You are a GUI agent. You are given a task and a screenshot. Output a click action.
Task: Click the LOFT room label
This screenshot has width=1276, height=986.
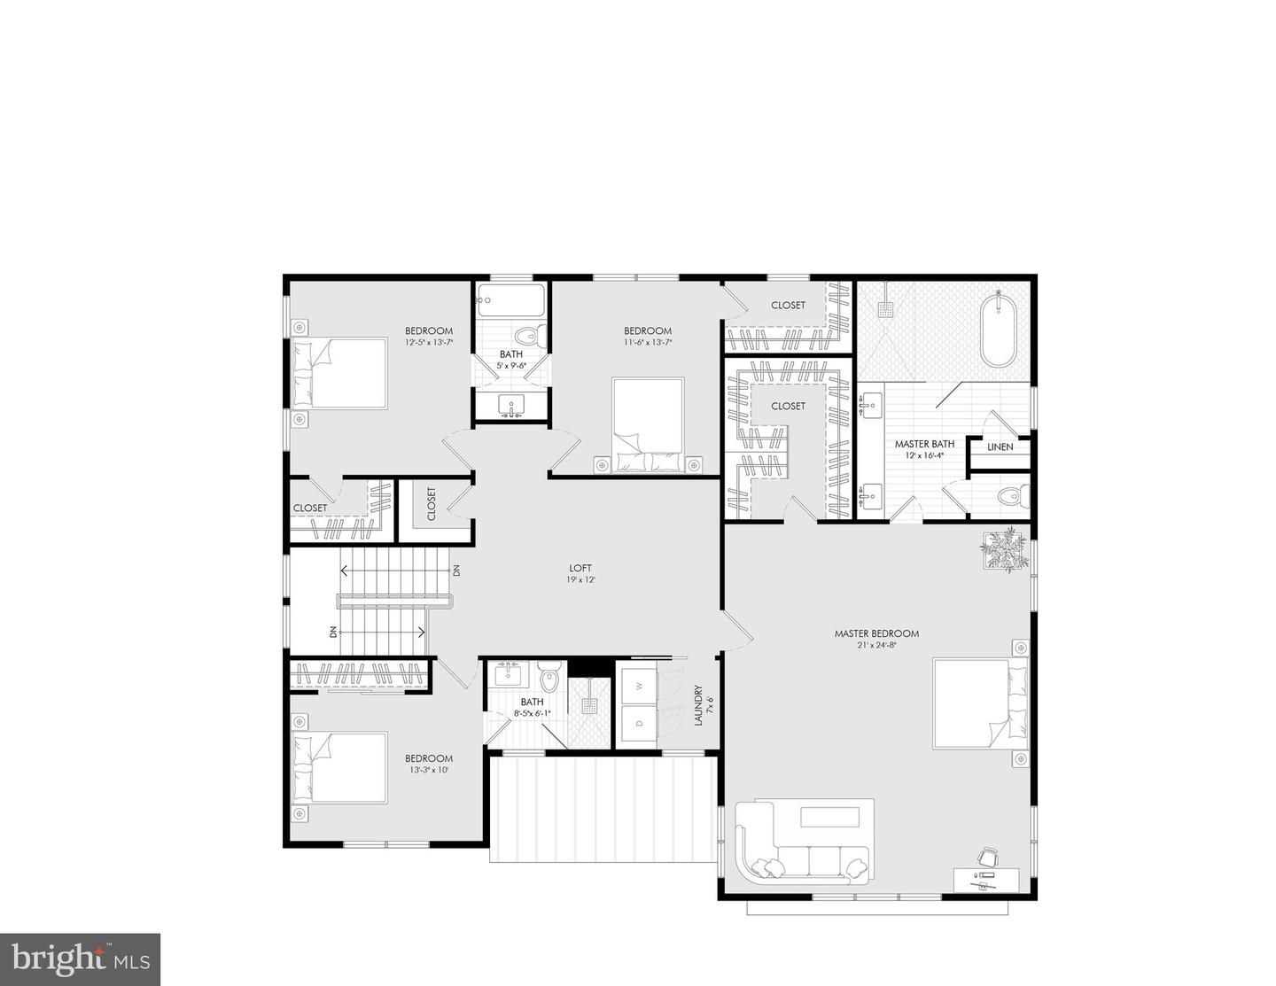(580, 568)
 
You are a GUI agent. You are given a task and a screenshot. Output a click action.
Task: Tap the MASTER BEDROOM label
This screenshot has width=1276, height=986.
(876, 633)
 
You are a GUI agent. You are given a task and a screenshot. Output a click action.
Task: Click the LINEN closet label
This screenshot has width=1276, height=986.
(1000, 446)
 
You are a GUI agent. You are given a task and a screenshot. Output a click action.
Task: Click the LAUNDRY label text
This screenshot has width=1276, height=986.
(698, 705)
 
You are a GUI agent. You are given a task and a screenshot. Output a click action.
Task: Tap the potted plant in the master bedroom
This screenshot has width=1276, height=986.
(1005, 548)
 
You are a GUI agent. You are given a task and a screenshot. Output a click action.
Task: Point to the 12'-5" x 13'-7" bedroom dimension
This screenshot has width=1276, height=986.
(429, 342)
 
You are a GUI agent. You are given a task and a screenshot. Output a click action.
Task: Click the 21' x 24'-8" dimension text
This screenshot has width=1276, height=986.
(876, 645)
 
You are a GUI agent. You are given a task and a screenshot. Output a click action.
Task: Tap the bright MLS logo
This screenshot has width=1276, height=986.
(80, 959)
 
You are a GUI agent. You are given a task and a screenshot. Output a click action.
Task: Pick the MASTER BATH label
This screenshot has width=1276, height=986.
(924, 444)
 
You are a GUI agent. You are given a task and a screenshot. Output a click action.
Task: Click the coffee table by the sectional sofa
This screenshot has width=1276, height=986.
(830, 817)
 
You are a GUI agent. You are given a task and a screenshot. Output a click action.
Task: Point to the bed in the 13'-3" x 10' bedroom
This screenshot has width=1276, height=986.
(339, 767)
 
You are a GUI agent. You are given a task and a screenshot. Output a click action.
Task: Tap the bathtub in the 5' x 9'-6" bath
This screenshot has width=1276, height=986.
(510, 300)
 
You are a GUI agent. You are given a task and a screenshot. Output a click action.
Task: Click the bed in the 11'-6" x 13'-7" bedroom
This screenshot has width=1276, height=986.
(648, 425)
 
